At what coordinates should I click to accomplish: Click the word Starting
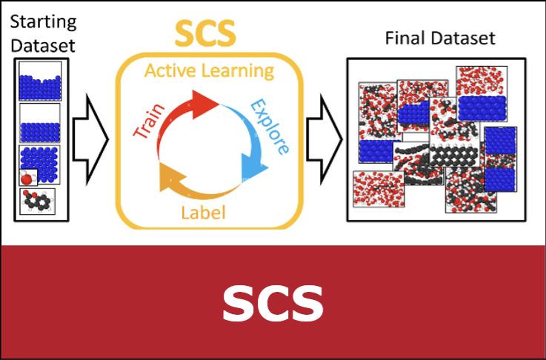point(43,23)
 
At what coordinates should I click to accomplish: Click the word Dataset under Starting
point(43,46)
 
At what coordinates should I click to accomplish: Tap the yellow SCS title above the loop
point(205,33)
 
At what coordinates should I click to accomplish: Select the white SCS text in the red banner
point(273,304)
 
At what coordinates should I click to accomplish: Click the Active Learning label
point(209,71)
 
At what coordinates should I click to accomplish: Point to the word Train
point(149,121)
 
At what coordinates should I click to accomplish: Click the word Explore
point(270,127)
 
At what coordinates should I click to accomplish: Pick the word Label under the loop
point(203,212)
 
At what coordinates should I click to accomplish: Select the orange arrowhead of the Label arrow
point(168,179)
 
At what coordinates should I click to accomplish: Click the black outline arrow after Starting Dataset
point(90,139)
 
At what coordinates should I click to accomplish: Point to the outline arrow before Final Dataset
point(324,139)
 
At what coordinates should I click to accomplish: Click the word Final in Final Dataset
point(401,38)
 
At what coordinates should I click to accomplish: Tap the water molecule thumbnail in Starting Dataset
point(28,177)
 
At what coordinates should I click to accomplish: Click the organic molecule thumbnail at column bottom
point(37,201)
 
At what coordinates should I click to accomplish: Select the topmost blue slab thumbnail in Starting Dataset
point(40,81)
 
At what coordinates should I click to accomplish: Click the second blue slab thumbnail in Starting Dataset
point(40,123)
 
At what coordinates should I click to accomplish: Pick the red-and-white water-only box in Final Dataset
point(379,189)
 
